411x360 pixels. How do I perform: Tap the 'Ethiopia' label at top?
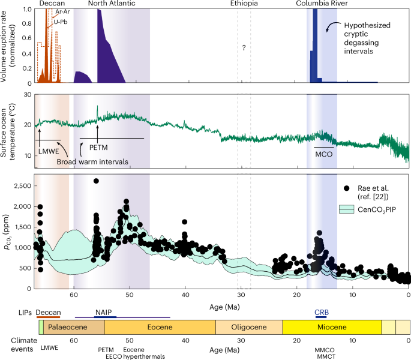[x=244, y=4]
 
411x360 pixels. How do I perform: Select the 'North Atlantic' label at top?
[x=111, y=4]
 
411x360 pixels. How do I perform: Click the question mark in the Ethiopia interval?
[x=244, y=47]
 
